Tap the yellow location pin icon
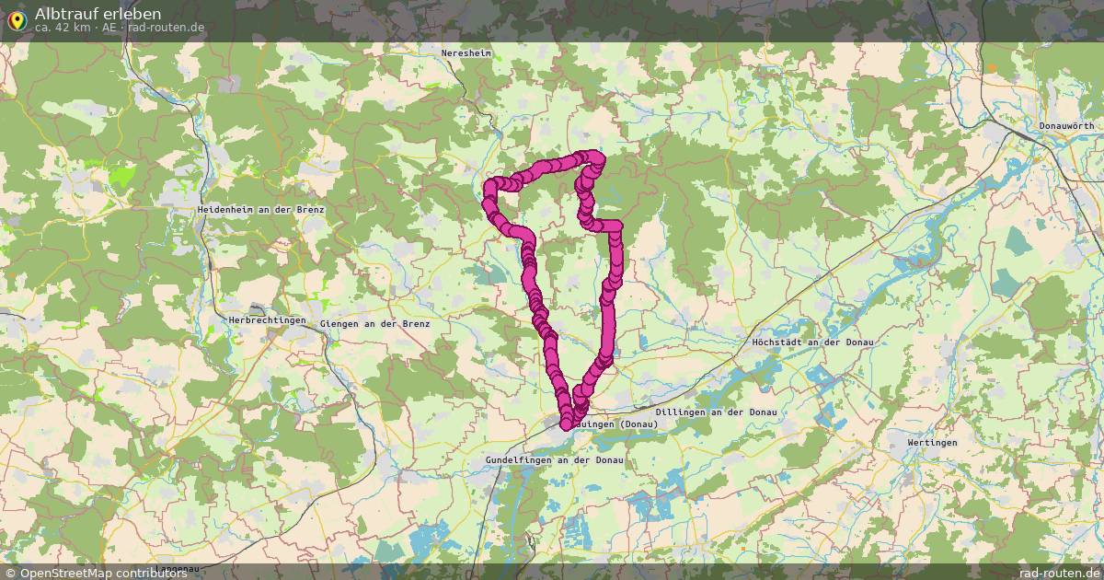point(17,20)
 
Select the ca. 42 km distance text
point(62,28)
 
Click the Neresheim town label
point(466,54)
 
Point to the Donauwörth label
point(1066,125)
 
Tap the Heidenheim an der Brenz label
point(261,210)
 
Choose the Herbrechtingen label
point(267,320)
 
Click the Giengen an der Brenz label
point(374,324)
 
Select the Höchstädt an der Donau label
point(812,342)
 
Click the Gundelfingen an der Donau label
point(555,459)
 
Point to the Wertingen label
point(932,443)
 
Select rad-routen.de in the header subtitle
point(167,28)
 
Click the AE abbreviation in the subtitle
point(109,28)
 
